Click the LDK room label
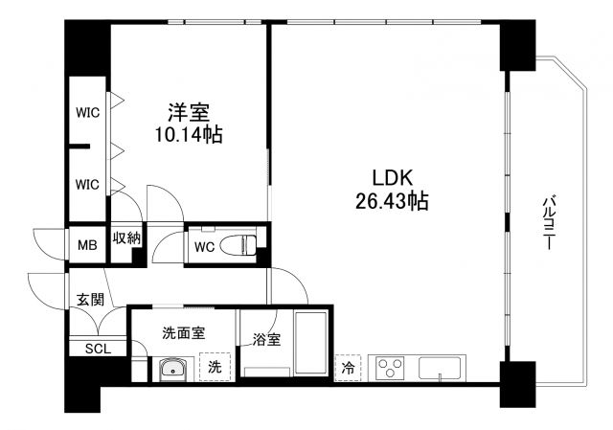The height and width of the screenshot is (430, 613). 392,178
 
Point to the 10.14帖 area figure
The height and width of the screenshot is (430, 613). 188,135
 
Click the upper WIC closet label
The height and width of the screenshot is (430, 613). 87,112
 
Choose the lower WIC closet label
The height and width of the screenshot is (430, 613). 87,182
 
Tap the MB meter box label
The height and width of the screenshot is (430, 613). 87,245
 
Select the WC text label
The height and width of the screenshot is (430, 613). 203,246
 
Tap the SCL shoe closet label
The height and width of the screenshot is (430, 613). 98,348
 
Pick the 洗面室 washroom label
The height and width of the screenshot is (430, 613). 182,333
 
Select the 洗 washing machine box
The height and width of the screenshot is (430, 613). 214,367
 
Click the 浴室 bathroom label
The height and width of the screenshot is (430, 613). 266,339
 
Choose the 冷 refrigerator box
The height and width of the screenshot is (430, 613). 349,367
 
